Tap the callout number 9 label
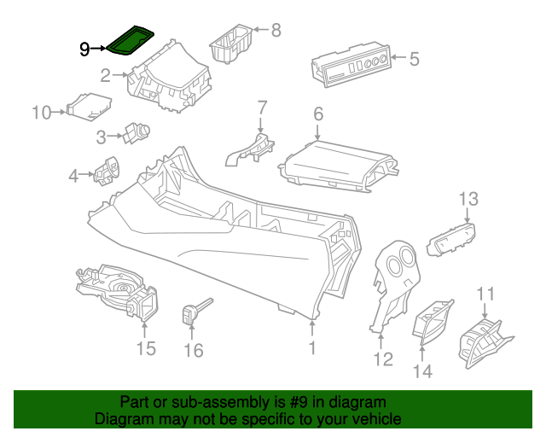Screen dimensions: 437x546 tap(84, 50)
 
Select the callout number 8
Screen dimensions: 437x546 tap(275, 31)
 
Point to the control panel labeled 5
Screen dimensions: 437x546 tap(349, 66)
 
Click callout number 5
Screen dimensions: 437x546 tap(414, 59)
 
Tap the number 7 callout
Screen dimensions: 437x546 tap(262, 108)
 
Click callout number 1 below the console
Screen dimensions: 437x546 tap(312, 347)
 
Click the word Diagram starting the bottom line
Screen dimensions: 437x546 tap(122, 419)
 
